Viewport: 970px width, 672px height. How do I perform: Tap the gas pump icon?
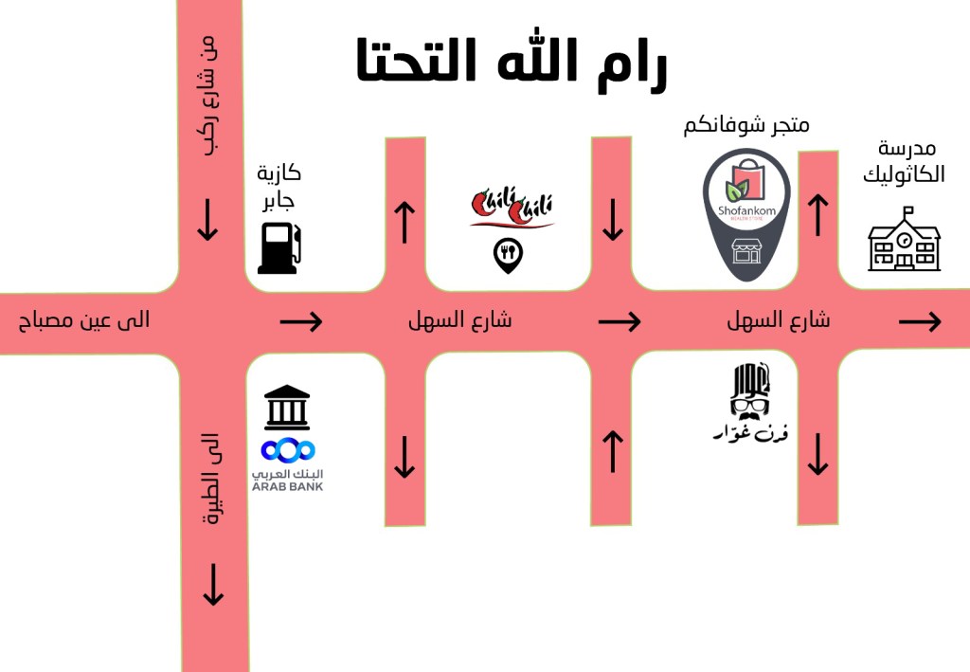[279, 247]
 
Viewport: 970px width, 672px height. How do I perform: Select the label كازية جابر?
[278, 186]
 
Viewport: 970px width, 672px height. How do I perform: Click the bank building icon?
[287, 407]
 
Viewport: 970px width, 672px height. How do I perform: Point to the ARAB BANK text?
[287, 486]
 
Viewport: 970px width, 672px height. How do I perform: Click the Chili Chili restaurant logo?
[512, 209]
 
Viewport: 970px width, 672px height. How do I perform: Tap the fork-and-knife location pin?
[509, 255]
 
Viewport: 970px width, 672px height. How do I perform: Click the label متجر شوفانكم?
[746, 125]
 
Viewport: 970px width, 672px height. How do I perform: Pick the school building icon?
[905, 242]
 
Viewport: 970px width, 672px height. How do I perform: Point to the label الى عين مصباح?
[84, 321]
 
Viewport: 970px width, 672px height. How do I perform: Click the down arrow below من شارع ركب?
[207, 220]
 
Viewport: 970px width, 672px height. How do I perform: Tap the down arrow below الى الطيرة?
[213, 584]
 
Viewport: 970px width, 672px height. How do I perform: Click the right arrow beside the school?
[919, 322]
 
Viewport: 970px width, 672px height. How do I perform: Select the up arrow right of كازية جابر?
[404, 222]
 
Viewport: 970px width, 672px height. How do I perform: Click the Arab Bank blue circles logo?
[288, 449]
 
